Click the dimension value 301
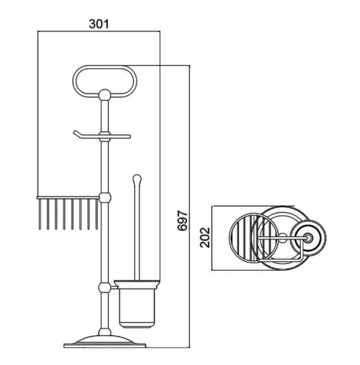point(99,24)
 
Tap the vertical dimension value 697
point(182,220)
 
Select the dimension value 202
point(205,237)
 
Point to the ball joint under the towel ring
point(104,95)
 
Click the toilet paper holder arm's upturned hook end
point(76,134)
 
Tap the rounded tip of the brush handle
point(136,179)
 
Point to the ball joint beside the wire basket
point(105,198)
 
